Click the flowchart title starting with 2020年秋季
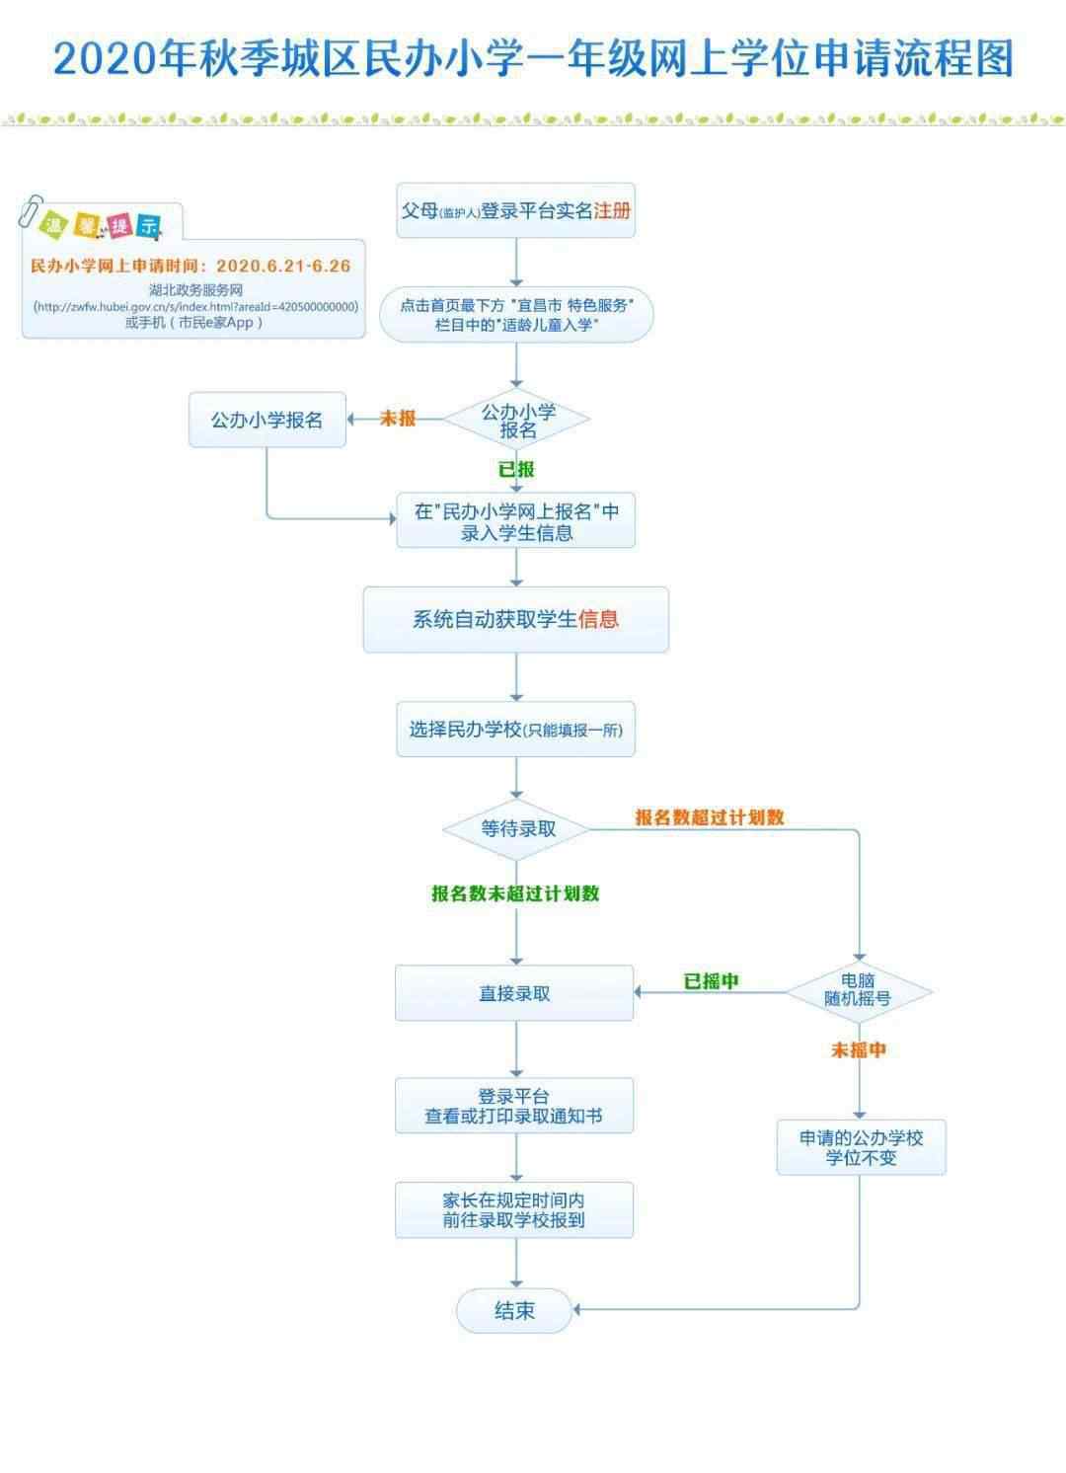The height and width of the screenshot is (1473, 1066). click(x=533, y=59)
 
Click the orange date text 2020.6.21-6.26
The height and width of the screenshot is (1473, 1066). click(x=283, y=267)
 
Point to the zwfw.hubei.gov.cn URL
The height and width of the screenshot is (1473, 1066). click(x=196, y=307)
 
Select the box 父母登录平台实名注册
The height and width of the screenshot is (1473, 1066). click(x=515, y=210)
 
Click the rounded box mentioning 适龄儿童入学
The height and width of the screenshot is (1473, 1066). click(x=516, y=315)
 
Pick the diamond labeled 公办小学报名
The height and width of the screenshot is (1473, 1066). click(x=517, y=420)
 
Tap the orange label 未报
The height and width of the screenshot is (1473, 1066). click(x=398, y=419)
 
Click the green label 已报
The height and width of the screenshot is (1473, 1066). click(x=516, y=470)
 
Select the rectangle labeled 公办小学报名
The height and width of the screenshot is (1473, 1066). click(x=266, y=421)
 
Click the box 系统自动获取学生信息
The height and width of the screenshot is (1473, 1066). click(x=515, y=619)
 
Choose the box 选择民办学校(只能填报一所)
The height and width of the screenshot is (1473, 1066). click(x=515, y=730)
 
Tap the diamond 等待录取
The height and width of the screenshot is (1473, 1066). click(x=517, y=830)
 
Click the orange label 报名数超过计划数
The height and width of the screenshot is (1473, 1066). click(x=710, y=817)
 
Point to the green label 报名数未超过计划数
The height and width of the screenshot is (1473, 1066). click(x=515, y=893)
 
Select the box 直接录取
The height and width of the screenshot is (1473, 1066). click(x=514, y=993)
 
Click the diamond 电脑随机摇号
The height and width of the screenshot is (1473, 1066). click(x=859, y=991)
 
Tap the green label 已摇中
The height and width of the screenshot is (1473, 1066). click(x=712, y=981)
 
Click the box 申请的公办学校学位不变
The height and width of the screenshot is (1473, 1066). click(x=862, y=1147)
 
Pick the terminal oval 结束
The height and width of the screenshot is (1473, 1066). click(x=514, y=1310)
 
